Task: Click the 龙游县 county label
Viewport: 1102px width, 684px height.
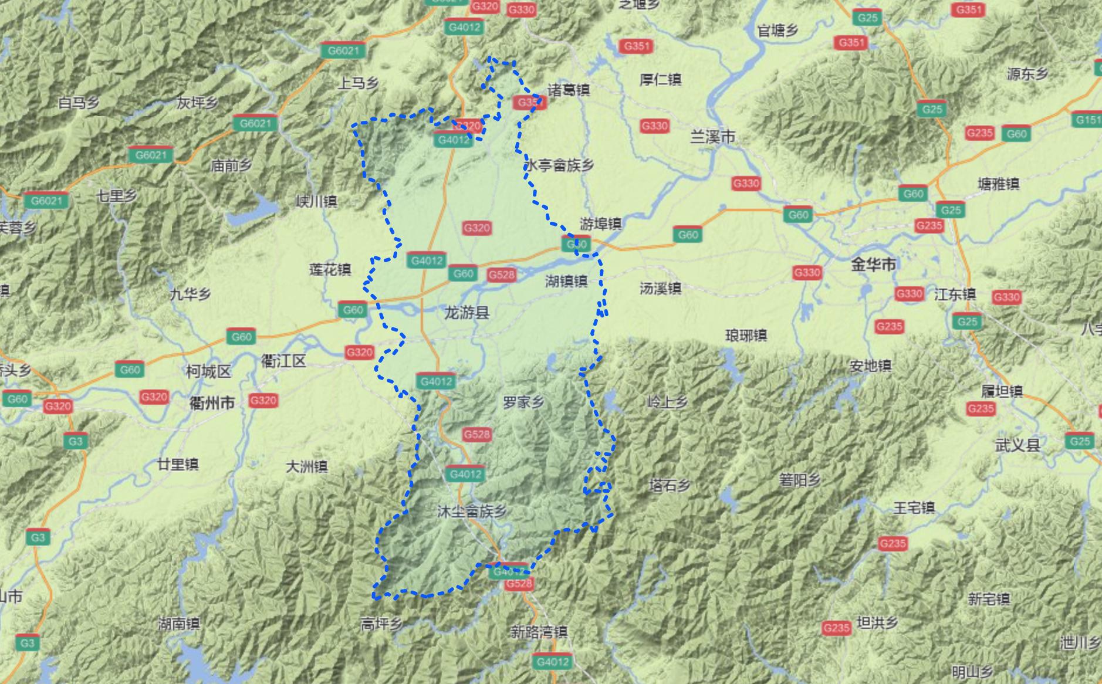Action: click(467, 313)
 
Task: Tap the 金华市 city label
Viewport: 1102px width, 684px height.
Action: click(873, 265)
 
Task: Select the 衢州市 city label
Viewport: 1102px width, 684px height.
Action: click(212, 403)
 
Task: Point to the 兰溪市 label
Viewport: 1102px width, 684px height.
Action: click(712, 137)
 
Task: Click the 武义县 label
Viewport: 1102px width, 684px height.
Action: click(1017, 445)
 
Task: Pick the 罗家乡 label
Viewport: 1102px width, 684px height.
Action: click(523, 402)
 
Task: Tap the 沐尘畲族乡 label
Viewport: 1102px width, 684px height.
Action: click(472, 512)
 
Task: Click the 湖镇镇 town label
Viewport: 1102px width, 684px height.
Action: click(566, 282)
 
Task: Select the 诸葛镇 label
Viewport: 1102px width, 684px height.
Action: click(569, 90)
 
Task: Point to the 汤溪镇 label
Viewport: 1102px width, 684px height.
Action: click(660, 288)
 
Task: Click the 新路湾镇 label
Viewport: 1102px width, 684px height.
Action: click(538, 632)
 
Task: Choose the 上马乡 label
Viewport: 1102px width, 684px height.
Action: click(357, 83)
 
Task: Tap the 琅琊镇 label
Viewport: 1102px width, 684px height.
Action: click(746, 336)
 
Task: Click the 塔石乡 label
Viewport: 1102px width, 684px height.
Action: click(670, 485)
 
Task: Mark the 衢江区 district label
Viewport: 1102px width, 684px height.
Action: click(283, 361)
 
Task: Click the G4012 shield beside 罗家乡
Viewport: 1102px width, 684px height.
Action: click(436, 381)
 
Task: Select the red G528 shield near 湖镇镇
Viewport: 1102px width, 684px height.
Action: click(501, 275)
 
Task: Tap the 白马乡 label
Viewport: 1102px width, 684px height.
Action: click(79, 103)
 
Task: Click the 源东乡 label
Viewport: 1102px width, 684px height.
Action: click(1027, 74)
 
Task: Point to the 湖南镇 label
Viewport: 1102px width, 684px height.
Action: click(179, 624)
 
